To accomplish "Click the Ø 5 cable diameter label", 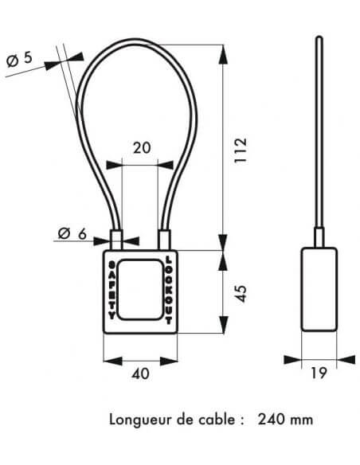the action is pos(19,59).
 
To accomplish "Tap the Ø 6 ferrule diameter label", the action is pos(72,233).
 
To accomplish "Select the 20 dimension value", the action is pos(142,148).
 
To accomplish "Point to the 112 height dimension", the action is pos(241,150).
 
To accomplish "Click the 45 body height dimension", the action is pos(241,294).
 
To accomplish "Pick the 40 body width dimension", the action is pos(140,374).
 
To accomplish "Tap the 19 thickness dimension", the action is pos(319,373).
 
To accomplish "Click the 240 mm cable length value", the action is pos(285,420).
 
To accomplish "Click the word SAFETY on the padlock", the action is pos(112,291).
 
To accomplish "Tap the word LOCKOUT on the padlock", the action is pos(168,290).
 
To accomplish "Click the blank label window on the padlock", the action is pos(140,290).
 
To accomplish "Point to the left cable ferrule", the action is pos(117,240).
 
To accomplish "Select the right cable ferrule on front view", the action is pos(164,240).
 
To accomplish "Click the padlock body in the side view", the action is pos(319,289).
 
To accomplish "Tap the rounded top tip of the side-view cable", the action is pos(319,37).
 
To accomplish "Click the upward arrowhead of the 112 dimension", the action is pos(223,54).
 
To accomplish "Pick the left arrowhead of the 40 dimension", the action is pos(112,361).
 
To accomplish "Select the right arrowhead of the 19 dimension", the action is pos(346,360).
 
